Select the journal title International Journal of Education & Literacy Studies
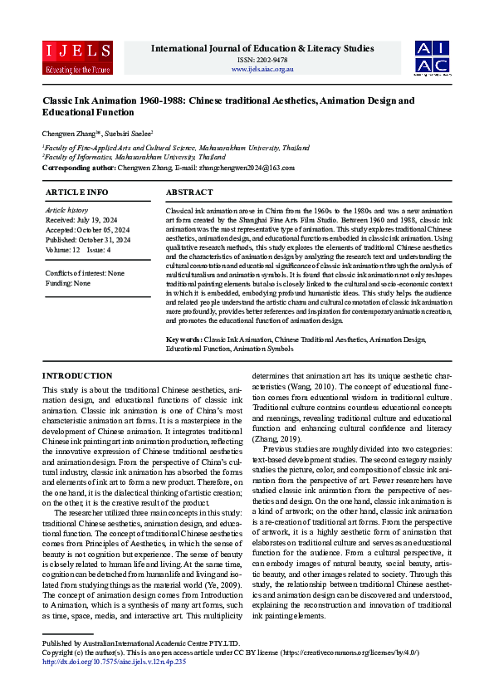(262, 48)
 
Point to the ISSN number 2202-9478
(262, 59)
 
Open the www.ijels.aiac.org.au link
(262, 68)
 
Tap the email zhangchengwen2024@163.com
(247, 168)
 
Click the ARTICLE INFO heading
(76, 192)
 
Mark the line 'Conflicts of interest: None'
(85, 273)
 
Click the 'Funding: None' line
(68, 283)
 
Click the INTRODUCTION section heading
(76, 375)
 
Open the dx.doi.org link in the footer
(113, 662)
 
